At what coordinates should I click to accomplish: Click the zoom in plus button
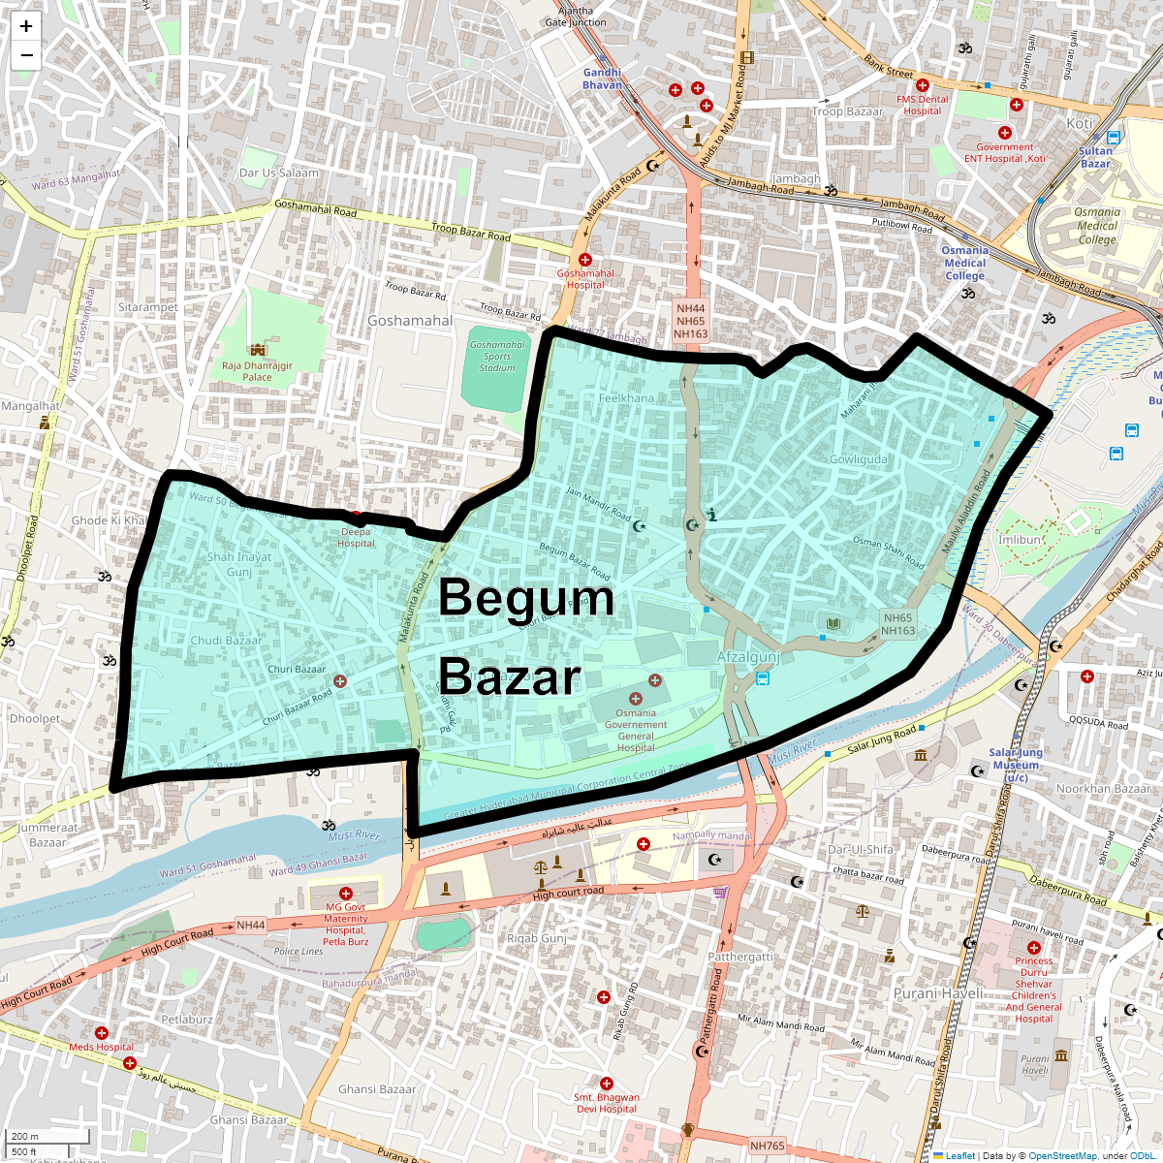pyautogui.click(x=26, y=26)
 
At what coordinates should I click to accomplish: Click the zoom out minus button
pyautogui.click(x=26, y=55)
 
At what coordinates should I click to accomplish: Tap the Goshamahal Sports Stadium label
pyautogui.click(x=497, y=357)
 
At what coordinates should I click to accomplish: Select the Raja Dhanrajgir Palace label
pyautogui.click(x=257, y=371)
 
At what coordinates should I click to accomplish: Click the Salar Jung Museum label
pyautogui.click(x=1016, y=765)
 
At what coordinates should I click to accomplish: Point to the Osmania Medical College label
pyautogui.click(x=964, y=263)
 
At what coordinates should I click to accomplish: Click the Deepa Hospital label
pyautogui.click(x=356, y=538)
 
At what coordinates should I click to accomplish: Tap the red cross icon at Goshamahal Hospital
pyautogui.click(x=584, y=260)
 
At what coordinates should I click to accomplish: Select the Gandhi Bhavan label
pyautogui.click(x=602, y=79)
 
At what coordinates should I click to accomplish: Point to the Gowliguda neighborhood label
pyautogui.click(x=858, y=459)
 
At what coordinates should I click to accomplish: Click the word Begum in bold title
pyautogui.click(x=526, y=598)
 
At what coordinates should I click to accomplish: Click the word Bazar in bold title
pyautogui.click(x=510, y=676)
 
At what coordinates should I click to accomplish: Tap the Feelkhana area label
pyautogui.click(x=626, y=398)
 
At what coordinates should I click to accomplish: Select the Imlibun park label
pyautogui.click(x=1021, y=540)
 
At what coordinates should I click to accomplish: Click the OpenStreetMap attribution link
pyautogui.click(x=1062, y=1155)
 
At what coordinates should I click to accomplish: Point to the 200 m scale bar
pyautogui.click(x=47, y=1137)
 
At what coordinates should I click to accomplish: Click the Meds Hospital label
pyautogui.click(x=101, y=1047)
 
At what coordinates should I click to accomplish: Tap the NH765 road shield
pyautogui.click(x=767, y=1146)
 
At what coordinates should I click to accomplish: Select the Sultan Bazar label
pyautogui.click(x=1096, y=157)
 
